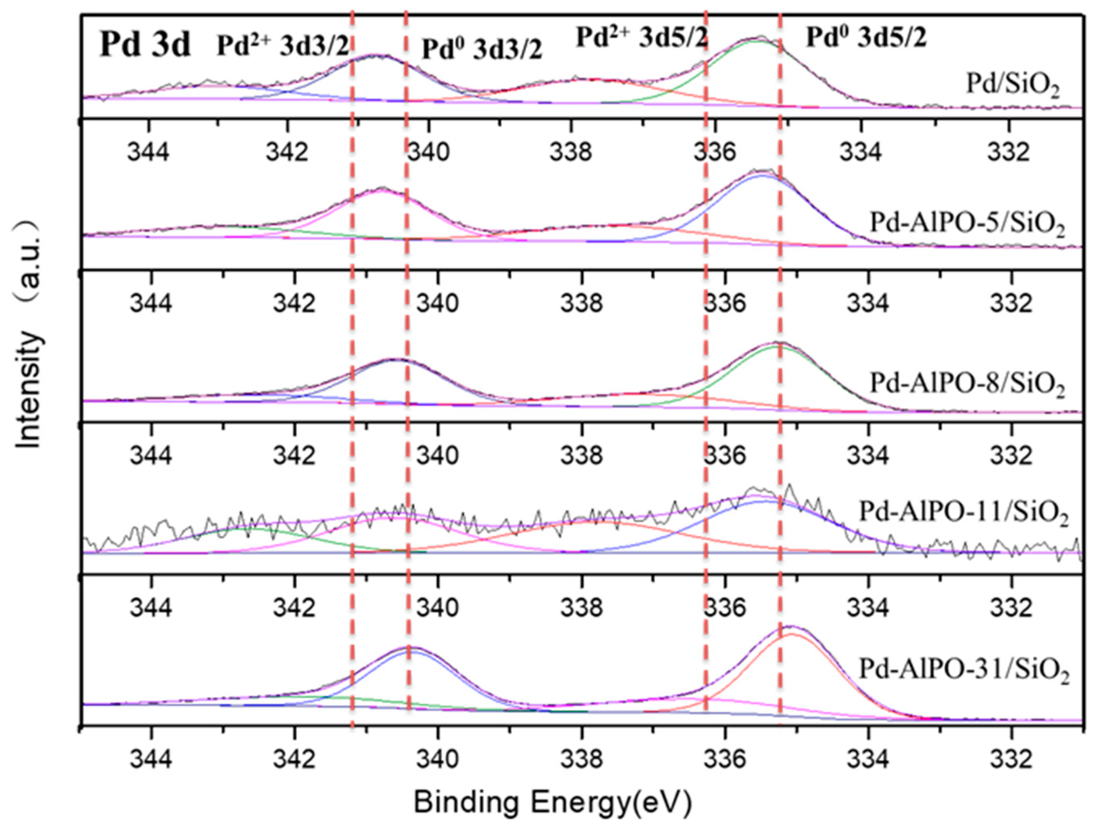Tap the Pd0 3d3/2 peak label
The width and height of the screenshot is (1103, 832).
pyautogui.click(x=482, y=50)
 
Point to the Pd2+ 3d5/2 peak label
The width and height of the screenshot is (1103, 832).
pyautogui.click(x=642, y=38)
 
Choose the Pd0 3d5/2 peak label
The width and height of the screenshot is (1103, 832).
pyautogui.click(x=866, y=38)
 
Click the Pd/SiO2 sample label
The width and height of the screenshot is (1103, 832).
pyautogui.click(x=1013, y=85)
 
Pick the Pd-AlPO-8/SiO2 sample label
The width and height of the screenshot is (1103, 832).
pyautogui.click(x=967, y=384)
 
